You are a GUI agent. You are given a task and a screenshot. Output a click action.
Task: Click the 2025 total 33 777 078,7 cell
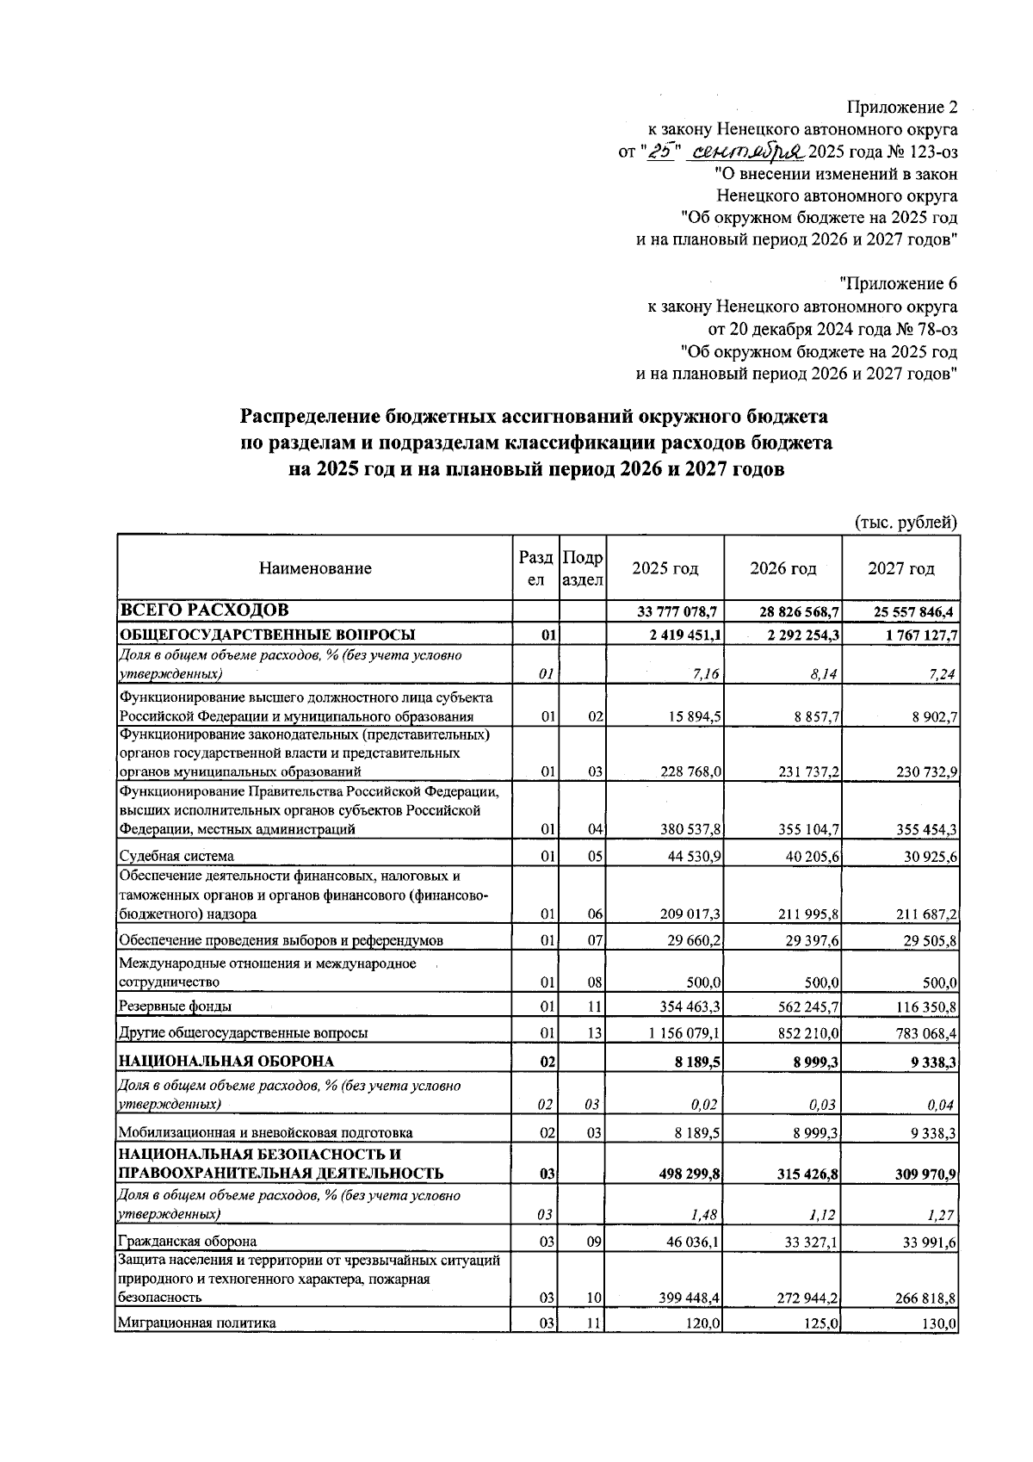coord(677,611)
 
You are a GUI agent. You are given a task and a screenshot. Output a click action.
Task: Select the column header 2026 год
coord(782,568)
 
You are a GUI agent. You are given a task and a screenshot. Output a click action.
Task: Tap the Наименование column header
coord(315,568)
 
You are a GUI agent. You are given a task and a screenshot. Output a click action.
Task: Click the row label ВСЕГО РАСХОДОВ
coord(204,610)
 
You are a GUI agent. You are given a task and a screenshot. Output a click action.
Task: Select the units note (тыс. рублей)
coord(905,522)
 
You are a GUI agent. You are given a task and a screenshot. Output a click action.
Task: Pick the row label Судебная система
coord(176,856)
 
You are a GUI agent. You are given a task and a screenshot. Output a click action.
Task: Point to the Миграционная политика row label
coord(197,1323)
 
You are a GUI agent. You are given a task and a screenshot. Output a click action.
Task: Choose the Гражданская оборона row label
coord(187,1242)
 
